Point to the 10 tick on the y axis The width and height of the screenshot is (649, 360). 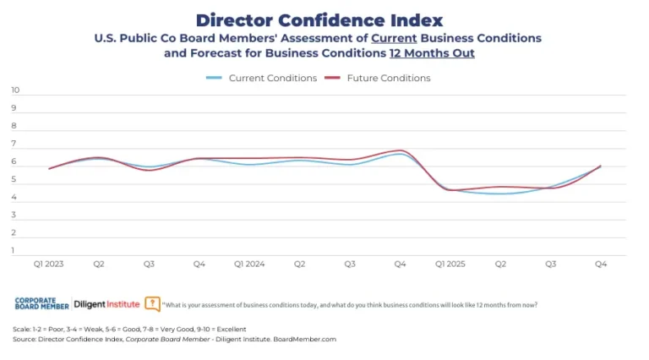tap(14, 90)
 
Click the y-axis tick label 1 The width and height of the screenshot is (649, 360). tap(14, 250)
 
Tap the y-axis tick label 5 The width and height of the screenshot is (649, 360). tap(14, 179)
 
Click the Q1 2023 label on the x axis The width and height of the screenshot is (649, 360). tap(49, 265)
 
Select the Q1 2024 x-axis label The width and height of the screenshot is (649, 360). tap(249, 265)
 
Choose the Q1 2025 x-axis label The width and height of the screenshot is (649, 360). tap(450, 265)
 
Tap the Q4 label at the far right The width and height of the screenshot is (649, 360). tap(601, 265)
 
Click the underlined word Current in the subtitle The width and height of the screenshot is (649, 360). tap(395, 39)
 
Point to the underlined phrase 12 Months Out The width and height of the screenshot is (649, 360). tap(432, 52)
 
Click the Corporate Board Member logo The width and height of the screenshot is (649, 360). tap(42, 303)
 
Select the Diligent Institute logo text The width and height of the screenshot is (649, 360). tap(106, 303)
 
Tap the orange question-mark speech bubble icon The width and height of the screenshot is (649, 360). tap(152, 303)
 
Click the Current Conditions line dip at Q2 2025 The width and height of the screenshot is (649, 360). tap(502, 194)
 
